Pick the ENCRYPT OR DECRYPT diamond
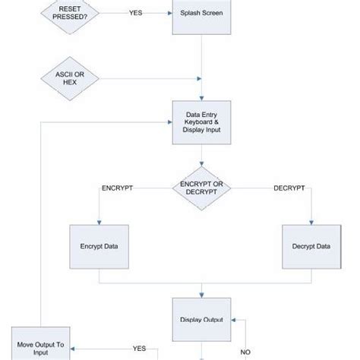pos(201,188)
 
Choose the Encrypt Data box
pos(98,247)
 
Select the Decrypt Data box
pos(311,247)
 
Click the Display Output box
pos(201,320)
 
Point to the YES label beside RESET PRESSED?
pos(136,13)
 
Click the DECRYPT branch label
pos(289,188)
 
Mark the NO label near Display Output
pos(245,352)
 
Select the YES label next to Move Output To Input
pos(139,349)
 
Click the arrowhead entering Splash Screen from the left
pos(170,13)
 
